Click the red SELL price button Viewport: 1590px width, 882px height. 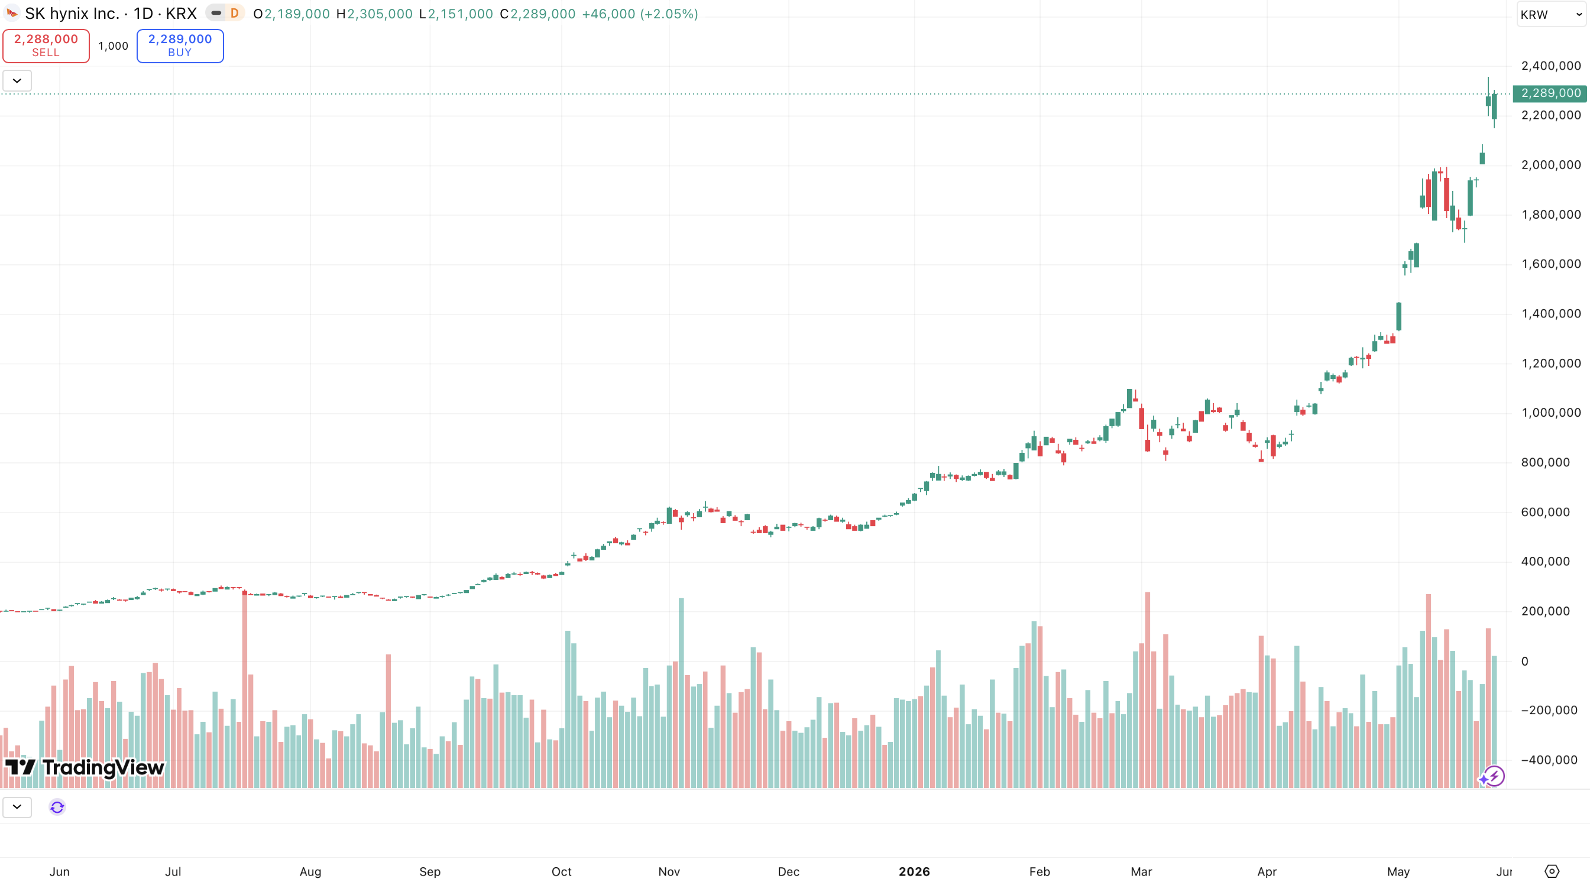coord(46,46)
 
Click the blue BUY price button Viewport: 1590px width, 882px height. coord(180,46)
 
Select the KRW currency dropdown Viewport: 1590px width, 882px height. coord(1550,15)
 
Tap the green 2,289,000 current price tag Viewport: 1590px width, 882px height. coord(1550,93)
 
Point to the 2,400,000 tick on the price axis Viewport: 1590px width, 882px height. coord(1550,66)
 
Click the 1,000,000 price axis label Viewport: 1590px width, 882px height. coord(1550,413)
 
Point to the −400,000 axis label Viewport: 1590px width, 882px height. coord(1549,760)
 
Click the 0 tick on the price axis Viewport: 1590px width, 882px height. coord(1524,661)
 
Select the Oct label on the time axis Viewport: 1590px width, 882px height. coord(561,871)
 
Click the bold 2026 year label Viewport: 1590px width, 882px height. coord(914,871)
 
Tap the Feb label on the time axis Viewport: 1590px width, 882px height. coord(1040,871)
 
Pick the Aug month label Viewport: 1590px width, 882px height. coord(310,871)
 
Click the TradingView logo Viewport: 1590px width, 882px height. coord(85,767)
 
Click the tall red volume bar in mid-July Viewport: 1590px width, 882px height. coord(244,688)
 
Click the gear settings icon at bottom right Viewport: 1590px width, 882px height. coord(1551,871)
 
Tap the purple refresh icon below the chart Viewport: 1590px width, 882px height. coord(57,807)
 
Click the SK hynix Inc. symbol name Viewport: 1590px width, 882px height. coord(72,14)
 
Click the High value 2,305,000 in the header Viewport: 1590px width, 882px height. coord(380,14)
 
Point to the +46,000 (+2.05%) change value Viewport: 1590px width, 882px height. coord(640,14)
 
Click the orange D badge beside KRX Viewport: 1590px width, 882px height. coord(234,13)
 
